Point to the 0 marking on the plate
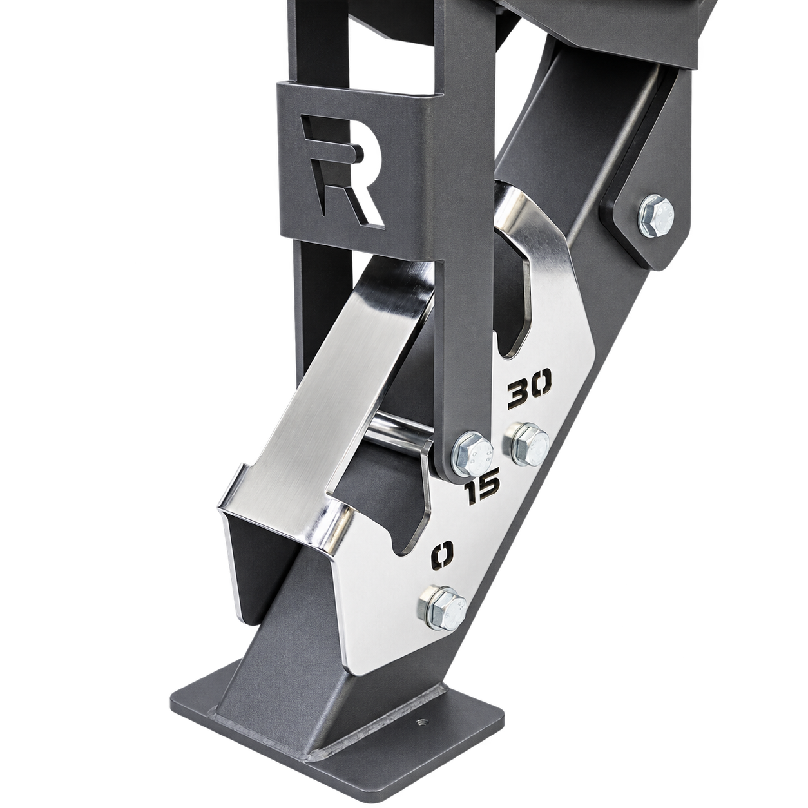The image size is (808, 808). (443, 556)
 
